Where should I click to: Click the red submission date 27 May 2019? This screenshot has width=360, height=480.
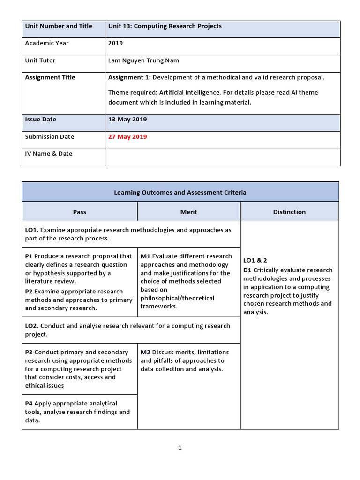(127, 137)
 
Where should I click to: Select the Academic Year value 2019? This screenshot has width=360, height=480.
(115, 43)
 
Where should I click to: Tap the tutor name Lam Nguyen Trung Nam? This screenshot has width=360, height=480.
(143, 60)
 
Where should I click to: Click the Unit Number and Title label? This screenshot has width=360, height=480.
(58, 26)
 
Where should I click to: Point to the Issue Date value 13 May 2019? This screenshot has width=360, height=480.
(127, 120)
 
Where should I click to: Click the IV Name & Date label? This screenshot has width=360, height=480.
(48, 154)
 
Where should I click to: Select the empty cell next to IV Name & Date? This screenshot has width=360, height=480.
(223, 157)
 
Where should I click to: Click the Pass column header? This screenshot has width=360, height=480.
(80, 212)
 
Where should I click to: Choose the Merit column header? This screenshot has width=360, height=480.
(188, 212)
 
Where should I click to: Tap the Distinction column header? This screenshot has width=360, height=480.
(289, 212)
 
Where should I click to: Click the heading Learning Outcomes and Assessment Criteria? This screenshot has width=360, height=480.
(180, 193)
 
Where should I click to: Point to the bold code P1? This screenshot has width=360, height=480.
(29, 256)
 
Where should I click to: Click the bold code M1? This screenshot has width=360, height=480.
(145, 256)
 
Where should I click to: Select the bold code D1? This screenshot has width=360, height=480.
(247, 270)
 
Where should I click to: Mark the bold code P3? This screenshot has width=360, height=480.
(29, 352)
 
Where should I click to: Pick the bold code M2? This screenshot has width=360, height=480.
(145, 352)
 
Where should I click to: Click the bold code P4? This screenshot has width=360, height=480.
(29, 404)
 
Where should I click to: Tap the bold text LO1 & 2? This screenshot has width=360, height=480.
(255, 260)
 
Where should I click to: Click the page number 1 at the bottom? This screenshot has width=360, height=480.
(180, 448)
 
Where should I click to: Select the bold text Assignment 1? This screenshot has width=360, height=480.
(129, 78)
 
